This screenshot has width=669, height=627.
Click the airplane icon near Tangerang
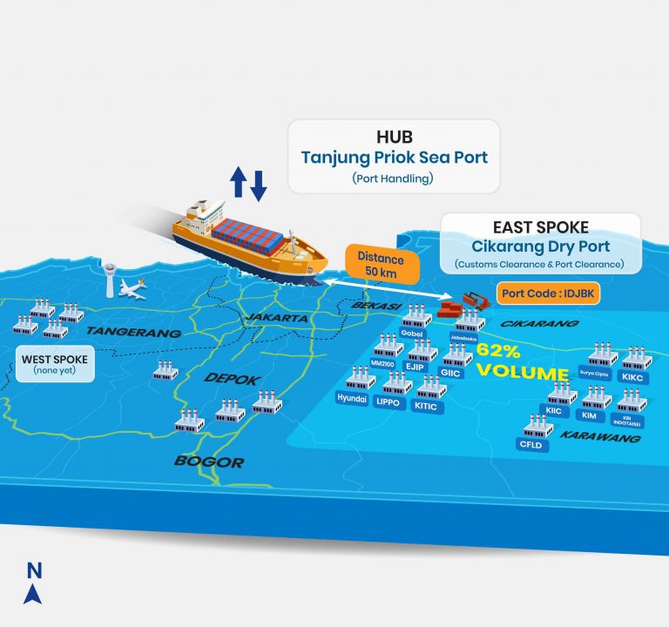coord(132,287)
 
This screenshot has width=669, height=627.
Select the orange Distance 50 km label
coord(382,263)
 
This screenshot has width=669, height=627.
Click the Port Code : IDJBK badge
coord(547,294)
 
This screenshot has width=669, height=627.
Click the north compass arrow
coord(34,594)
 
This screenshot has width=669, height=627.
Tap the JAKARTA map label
coord(277,319)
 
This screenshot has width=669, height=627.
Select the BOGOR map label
coord(208,461)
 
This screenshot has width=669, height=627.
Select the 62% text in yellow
coord(497,352)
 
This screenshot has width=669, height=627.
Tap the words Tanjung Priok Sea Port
coord(394,158)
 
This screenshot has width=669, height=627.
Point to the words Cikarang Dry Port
coord(540,246)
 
